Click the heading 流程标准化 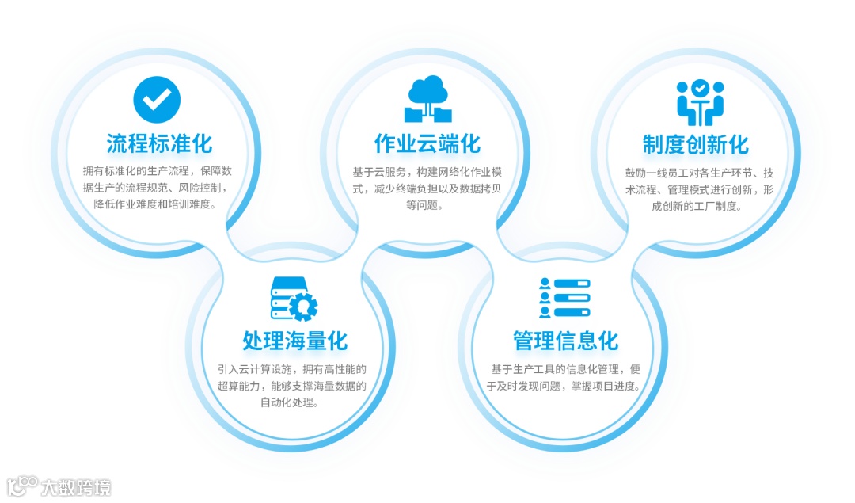click(x=159, y=143)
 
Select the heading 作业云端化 click(x=427, y=143)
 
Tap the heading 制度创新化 click(x=696, y=144)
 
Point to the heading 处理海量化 click(x=294, y=341)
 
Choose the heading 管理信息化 click(x=565, y=341)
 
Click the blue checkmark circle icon click(x=157, y=99)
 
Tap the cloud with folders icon click(x=428, y=99)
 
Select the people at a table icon click(x=700, y=103)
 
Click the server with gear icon click(x=294, y=298)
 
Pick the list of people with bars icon click(x=564, y=298)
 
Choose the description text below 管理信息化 click(x=564, y=378)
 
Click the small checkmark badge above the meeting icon click(x=700, y=88)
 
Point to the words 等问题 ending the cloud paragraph click(x=427, y=206)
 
